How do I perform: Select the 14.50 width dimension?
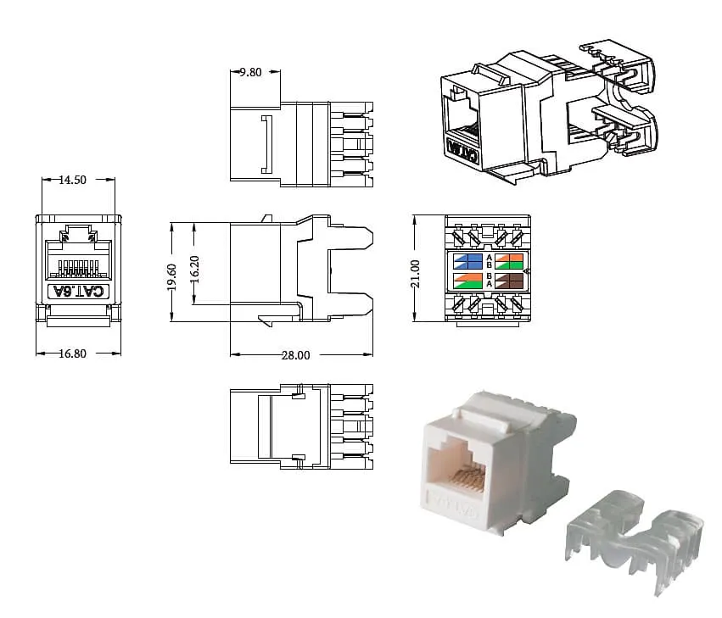71,180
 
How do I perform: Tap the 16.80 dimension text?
72,354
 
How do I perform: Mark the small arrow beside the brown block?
527,271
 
